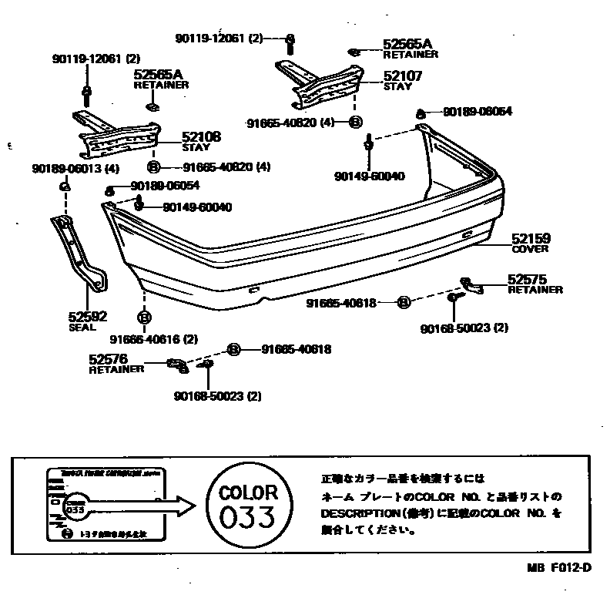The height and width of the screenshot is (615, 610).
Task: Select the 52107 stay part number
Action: pos(403,77)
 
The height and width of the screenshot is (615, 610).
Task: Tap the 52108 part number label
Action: pos(201,136)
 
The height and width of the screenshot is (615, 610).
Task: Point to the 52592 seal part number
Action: pos(86,316)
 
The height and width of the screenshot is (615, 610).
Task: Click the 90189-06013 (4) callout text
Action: pos(75,169)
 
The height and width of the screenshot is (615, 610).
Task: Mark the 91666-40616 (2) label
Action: pos(153,339)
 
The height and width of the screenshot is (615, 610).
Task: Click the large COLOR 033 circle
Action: pos(248,506)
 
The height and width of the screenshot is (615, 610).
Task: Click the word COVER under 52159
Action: pos(530,250)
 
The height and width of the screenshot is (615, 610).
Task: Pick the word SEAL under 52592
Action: pos(82,327)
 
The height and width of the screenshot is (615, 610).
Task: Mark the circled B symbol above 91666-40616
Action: pos(143,317)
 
